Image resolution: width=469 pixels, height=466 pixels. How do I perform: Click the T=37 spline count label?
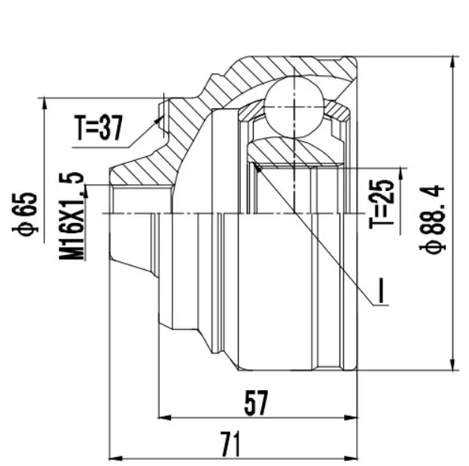point(98,129)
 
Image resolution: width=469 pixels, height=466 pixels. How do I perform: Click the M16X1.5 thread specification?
point(74,216)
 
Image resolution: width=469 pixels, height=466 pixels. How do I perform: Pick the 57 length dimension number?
point(255,403)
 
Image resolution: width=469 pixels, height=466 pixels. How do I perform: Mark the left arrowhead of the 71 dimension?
point(114,456)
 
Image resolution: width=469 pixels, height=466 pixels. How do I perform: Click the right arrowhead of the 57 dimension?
point(352,416)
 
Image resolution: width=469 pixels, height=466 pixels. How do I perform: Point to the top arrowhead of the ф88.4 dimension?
point(454,60)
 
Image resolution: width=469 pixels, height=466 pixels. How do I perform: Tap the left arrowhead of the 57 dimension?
point(162,416)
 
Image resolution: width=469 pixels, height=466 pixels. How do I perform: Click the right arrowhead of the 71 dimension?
point(352,456)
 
